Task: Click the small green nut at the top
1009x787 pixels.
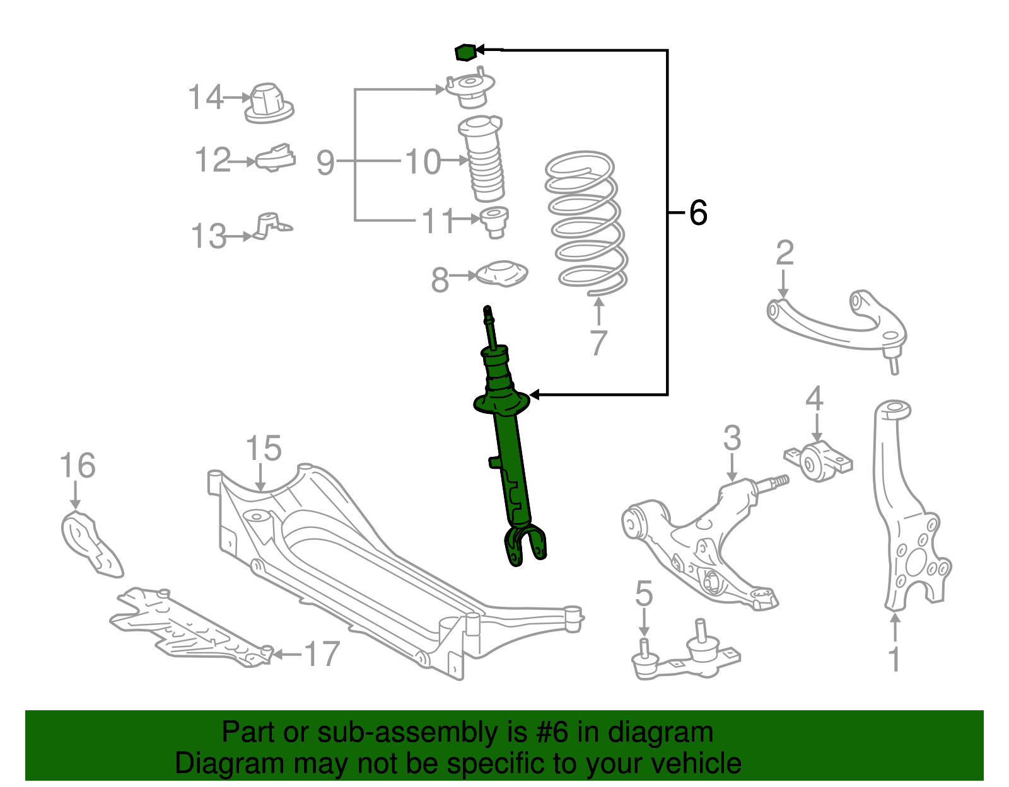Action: coord(464,52)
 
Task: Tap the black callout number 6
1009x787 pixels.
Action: coord(697,213)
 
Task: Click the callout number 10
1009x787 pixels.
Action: coord(423,162)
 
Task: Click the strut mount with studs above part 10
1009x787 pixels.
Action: coord(470,91)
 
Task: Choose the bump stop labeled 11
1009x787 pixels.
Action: coord(494,221)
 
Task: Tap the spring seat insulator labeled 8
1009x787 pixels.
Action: coord(501,274)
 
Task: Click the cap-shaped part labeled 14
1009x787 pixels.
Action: coord(269,103)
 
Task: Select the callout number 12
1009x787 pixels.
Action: coord(213,160)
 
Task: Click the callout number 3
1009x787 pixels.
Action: coord(732,438)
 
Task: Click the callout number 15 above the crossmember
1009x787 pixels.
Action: coord(263,449)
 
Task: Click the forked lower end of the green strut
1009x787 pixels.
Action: coord(525,547)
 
